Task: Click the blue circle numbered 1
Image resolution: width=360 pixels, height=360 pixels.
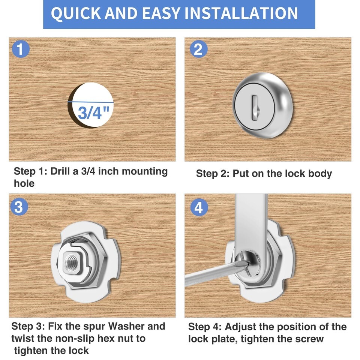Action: click(x=21, y=49)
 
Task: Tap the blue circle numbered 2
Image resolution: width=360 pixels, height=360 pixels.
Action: click(x=199, y=49)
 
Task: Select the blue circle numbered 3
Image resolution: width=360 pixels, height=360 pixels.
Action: click(x=19, y=207)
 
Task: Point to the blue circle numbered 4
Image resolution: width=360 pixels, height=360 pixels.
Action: click(x=199, y=207)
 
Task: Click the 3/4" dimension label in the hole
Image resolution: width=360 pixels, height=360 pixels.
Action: click(x=93, y=112)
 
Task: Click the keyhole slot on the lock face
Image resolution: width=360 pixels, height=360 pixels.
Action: click(x=255, y=108)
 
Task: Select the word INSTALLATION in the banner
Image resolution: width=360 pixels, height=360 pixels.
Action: click(x=241, y=13)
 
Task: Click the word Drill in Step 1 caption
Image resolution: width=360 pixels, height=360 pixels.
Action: click(x=60, y=171)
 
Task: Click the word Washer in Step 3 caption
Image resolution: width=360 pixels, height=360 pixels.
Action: click(x=126, y=326)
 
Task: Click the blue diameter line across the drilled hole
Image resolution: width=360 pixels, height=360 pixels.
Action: click(x=91, y=102)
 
